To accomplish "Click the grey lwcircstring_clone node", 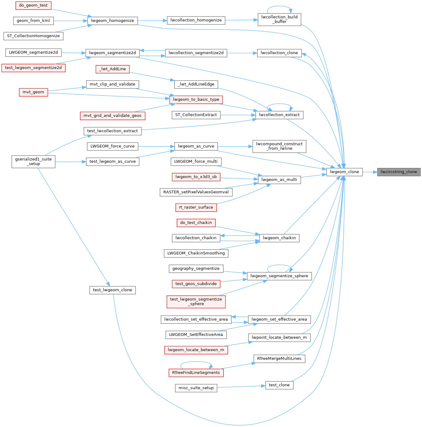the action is tap(398, 172).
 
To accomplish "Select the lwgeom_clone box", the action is tap(344, 172).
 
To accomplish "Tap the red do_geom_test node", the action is tap(33, 5).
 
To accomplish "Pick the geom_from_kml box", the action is tap(33, 21).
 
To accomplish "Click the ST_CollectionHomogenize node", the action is tap(33, 36).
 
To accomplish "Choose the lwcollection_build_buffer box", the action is tap(279, 20).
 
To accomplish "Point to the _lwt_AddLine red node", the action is tap(113, 69).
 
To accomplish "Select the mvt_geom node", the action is tap(33, 92).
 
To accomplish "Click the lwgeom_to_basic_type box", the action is tap(196, 100).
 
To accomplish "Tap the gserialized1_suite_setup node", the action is tap(33, 162).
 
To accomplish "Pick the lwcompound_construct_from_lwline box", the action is tap(279, 146).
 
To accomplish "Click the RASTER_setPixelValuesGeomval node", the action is tap(196, 192).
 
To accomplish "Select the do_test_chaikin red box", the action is tap(196, 223).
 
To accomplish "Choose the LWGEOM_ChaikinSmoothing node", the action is tap(196, 253).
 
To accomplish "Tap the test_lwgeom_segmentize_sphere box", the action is tap(196, 302).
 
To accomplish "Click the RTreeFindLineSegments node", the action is tap(196, 373).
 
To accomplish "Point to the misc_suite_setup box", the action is tap(196, 388).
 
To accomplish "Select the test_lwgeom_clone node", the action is tap(113, 290).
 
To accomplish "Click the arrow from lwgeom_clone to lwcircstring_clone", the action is tap(370, 172).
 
